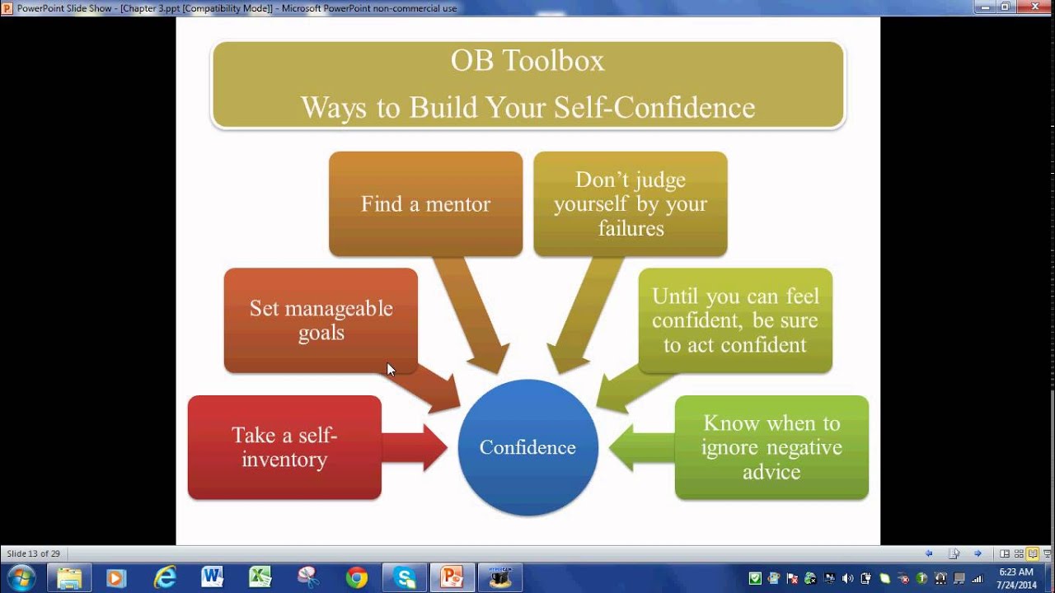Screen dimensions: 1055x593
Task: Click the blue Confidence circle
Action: click(528, 447)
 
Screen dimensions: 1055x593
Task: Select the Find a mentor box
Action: click(426, 203)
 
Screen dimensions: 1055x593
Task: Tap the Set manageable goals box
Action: click(321, 320)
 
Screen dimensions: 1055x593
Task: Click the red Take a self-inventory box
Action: click(284, 447)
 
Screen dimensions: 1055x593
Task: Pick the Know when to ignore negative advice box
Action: click(771, 447)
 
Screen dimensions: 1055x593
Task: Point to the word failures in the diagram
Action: click(631, 229)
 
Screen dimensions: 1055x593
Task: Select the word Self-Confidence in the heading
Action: click(654, 107)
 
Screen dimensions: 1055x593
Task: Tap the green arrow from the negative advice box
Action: click(641, 447)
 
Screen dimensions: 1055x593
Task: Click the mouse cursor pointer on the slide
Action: click(391, 370)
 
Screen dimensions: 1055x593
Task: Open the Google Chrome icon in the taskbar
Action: click(357, 577)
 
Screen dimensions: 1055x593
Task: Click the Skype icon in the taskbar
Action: click(404, 577)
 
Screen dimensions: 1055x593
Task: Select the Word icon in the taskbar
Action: click(212, 577)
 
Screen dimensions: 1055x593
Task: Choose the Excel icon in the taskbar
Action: click(260, 577)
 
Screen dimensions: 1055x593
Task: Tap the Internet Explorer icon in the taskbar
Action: click(165, 577)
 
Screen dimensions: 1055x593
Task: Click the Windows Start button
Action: click(21, 577)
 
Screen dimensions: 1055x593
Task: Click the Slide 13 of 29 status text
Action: click(34, 554)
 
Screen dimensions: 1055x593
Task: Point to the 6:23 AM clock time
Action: click(1016, 572)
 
